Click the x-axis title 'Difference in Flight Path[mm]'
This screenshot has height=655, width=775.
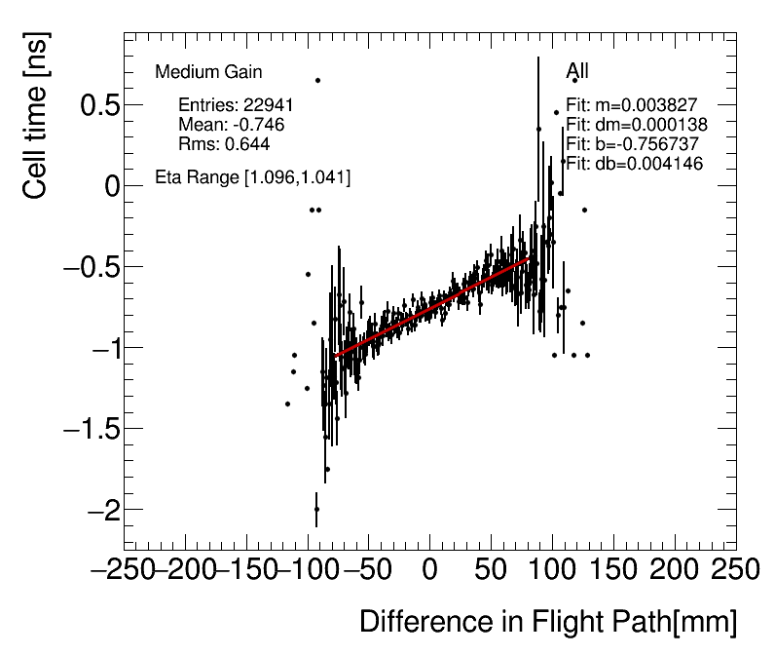(x=547, y=622)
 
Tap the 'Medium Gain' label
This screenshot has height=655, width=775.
(x=208, y=72)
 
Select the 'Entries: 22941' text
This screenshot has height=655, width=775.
(x=237, y=104)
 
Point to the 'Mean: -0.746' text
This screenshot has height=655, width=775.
(x=232, y=124)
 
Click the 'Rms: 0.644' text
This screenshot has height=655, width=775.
(x=224, y=143)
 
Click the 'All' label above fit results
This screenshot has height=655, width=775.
(x=577, y=71)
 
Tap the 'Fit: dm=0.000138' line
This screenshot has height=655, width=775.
(x=637, y=124)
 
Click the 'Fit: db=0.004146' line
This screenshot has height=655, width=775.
(x=635, y=163)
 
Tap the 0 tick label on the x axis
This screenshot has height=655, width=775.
(x=429, y=570)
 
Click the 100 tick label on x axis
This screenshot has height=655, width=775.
(x=552, y=570)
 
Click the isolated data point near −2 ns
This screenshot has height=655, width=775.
(x=316, y=509)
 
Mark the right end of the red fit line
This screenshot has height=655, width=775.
(x=530, y=258)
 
